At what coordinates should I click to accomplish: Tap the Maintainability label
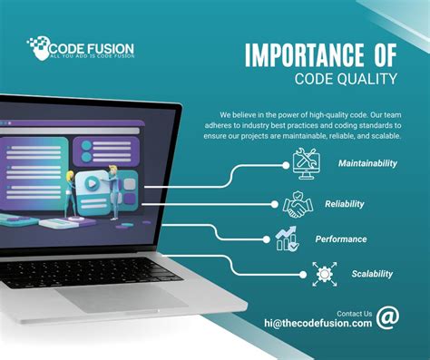click(x=368, y=163)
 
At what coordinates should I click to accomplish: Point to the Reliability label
click(x=344, y=204)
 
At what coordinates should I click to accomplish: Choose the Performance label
click(x=341, y=238)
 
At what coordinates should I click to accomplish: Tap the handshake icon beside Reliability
click(x=298, y=205)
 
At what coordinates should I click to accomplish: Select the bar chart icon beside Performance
click(x=287, y=238)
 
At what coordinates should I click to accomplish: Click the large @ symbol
click(x=387, y=317)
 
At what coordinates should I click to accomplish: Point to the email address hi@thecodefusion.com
click(x=318, y=323)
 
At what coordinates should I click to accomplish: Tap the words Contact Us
click(x=353, y=310)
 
